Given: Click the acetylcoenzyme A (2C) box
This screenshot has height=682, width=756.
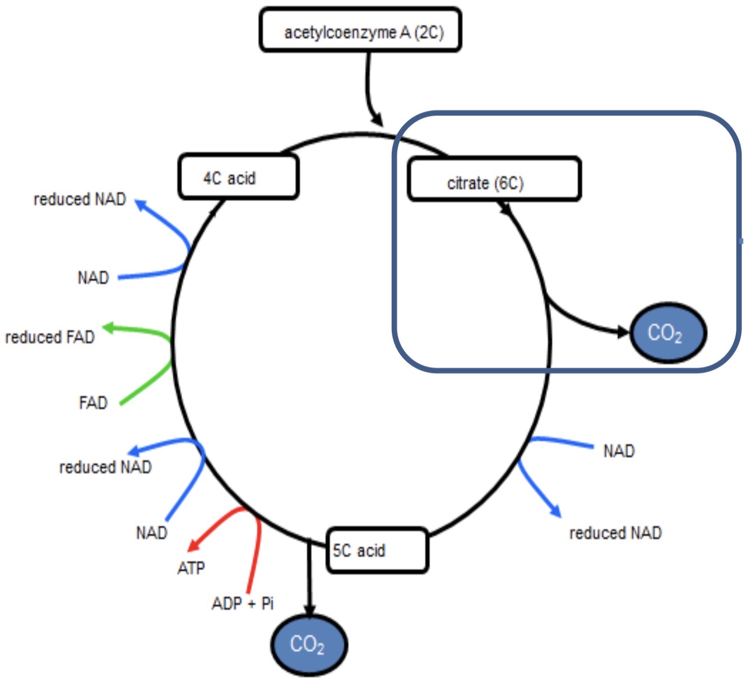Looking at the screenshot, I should (360, 30).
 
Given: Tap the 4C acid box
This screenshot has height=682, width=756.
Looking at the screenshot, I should (238, 177).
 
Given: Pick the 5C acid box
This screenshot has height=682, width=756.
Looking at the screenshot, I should (377, 550).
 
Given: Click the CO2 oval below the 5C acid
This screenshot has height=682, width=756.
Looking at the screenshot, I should (309, 644).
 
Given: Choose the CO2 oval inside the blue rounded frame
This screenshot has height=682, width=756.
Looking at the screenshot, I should (667, 333).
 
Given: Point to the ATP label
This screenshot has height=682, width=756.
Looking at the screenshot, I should (191, 568).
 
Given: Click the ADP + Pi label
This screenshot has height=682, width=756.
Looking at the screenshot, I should (243, 603).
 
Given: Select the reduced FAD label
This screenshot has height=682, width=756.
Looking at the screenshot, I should (50, 337).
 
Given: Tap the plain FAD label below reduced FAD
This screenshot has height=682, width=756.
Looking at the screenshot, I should (93, 403).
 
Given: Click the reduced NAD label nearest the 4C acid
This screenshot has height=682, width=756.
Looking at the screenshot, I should (80, 199).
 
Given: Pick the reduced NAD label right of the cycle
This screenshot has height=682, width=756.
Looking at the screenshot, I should (615, 533).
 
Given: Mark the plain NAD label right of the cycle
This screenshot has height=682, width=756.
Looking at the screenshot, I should (619, 451).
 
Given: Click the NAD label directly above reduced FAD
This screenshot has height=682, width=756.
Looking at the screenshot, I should (93, 278).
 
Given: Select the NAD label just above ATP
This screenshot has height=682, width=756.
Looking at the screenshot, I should (151, 532).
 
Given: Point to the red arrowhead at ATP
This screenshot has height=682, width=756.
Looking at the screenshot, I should (194, 545).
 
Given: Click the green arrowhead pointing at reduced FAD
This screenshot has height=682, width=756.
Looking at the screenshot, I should (108, 328).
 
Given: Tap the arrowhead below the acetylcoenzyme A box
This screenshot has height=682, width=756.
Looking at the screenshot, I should (377, 120).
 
